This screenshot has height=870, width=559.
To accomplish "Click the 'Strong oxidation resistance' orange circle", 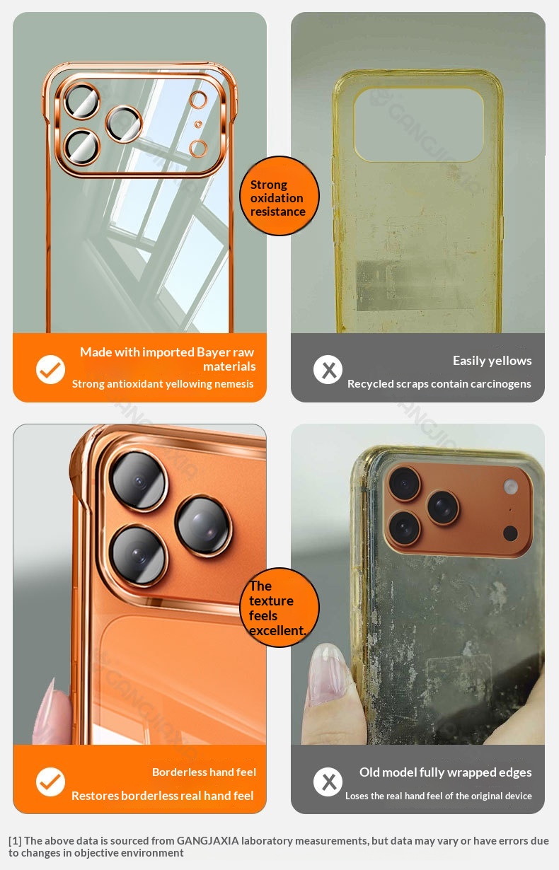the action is (x=279, y=196).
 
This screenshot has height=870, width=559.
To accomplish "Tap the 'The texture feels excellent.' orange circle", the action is (x=279, y=608).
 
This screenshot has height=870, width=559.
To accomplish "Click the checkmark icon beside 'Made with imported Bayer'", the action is (x=50, y=369).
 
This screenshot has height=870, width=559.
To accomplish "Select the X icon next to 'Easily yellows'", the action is (x=328, y=369).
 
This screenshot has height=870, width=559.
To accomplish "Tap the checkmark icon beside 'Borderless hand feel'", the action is (x=50, y=782).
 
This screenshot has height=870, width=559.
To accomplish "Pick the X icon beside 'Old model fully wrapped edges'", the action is (x=328, y=782).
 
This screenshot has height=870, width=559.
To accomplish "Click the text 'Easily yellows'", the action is (x=492, y=361).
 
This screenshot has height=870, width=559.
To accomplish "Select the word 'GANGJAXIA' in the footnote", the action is (x=207, y=840).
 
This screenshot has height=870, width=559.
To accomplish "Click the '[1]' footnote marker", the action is (x=15, y=841).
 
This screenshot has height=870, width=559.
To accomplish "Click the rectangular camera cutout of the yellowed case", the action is (x=419, y=124).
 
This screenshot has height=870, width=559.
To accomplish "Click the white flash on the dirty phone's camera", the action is (x=510, y=487).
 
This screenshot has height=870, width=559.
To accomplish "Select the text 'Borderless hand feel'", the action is (x=204, y=772).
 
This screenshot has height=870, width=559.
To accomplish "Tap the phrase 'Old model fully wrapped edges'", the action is (x=446, y=772).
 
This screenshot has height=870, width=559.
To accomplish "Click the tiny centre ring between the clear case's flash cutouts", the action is (x=198, y=124).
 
